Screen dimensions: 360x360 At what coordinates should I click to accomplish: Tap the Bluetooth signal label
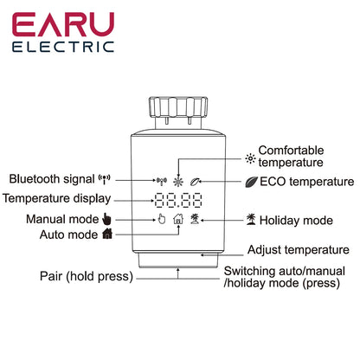coord(54,179)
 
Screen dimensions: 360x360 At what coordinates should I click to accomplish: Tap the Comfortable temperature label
coord(291,156)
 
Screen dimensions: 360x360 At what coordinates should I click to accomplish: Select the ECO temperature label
coord(306,182)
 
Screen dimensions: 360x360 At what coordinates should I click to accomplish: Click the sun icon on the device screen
coord(179,182)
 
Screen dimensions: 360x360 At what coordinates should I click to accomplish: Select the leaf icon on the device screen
coord(199,182)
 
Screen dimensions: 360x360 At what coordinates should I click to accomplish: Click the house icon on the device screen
coord(179,220)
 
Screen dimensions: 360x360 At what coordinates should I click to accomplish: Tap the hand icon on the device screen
coord(160,220)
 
